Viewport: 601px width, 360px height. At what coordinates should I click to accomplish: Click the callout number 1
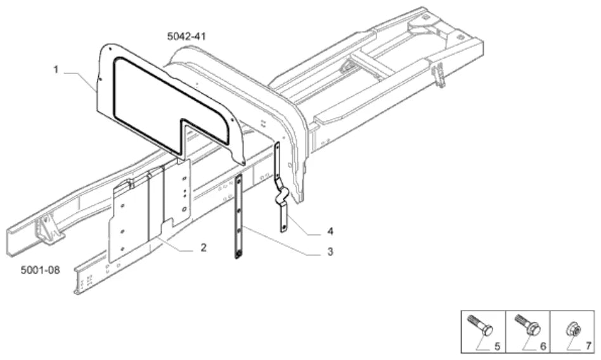click(x=56, y=70)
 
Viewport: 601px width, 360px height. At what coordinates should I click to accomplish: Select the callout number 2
click(x=204, y=248)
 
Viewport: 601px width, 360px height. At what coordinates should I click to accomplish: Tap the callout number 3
click(x=330, y=252)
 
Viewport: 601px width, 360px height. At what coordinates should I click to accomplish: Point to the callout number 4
click(x=330, y=231)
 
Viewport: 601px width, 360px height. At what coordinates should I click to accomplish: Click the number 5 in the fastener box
click(x=497, y=347)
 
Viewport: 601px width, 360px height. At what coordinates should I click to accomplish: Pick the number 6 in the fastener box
click(x=543, y=347)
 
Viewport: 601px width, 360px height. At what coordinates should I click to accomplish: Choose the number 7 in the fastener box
click(x=588, y=346)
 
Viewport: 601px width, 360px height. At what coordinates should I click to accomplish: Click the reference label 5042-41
click(x=186, y=36)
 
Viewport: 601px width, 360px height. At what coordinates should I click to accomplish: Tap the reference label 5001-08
click(x=40, y=270)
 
